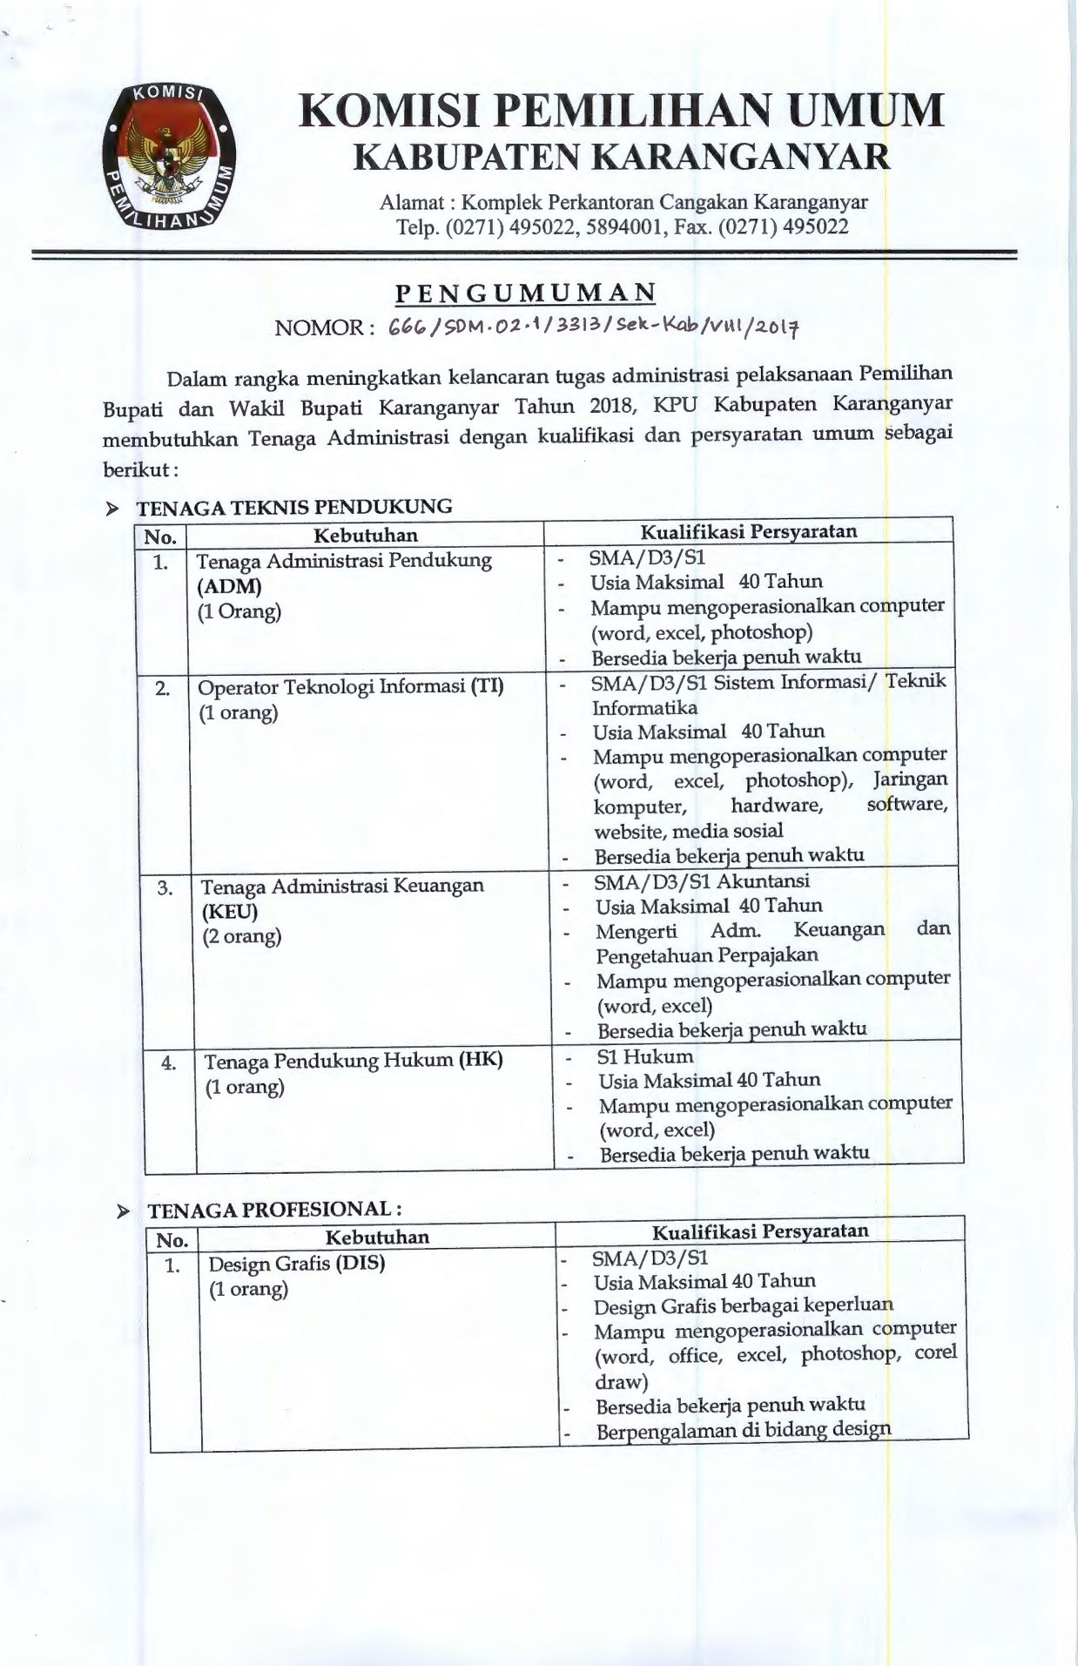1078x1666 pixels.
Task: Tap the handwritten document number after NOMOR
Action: (596, 327)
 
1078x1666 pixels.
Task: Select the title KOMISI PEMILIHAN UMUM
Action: (621, 112)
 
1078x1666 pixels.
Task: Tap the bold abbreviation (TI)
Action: (487, 686)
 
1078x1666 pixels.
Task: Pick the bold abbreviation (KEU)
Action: (230, 912)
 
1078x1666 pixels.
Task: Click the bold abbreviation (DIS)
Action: (360, 1262)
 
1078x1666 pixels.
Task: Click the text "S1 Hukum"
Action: (645, 1056)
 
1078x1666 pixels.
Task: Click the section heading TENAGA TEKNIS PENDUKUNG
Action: (294, 506)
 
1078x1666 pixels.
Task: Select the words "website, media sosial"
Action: (689, 830)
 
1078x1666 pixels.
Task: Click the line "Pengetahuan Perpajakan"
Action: (706, 955)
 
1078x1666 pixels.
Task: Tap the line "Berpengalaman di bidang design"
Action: (744, 1429)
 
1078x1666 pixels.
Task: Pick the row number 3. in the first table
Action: (165, 887)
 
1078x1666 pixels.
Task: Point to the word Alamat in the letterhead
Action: (411, 203)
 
